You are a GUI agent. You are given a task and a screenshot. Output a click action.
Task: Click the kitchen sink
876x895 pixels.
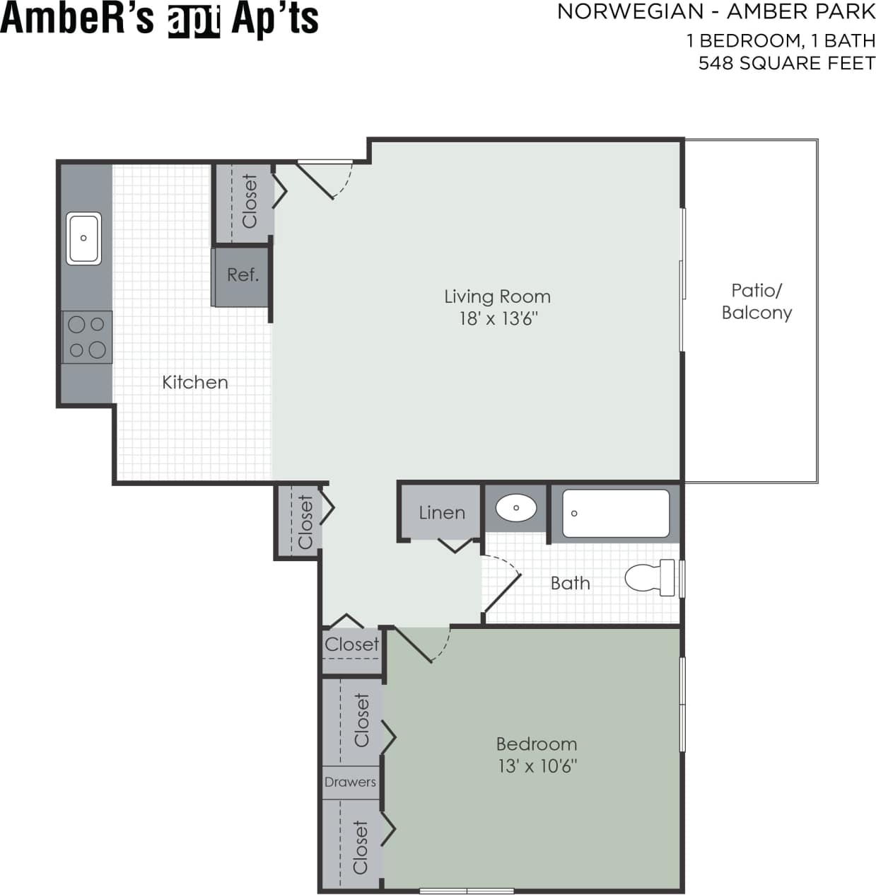[83, 238]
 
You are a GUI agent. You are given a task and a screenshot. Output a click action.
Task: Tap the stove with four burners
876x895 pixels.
[86, 337]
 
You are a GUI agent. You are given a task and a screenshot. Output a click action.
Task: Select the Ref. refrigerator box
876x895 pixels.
[243, 275]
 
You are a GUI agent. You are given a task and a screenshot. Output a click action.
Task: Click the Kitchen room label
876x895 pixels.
[195, 383]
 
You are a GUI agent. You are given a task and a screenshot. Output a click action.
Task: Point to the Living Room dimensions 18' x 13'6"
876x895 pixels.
[498, 318]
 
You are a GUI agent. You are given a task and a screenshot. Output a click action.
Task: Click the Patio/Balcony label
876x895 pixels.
[756, 301]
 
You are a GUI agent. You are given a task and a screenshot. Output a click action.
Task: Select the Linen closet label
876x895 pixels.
[442, 513]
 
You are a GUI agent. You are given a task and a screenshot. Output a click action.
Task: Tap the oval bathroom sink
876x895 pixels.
[516, 508]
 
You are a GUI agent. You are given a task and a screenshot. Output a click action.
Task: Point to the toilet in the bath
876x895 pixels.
[649, 578]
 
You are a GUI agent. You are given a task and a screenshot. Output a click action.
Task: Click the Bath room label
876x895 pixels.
[570, 583]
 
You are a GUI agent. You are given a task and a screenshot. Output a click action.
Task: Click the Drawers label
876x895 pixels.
[350, 782]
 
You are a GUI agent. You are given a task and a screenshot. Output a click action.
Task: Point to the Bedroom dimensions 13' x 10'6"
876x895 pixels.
[537, 766]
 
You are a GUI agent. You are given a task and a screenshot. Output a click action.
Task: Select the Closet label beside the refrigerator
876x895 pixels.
[250, 202]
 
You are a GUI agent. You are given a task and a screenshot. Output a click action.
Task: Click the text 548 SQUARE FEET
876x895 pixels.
[786, 63]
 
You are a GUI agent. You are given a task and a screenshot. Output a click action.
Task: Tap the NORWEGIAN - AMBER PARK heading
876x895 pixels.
[716, 12]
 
